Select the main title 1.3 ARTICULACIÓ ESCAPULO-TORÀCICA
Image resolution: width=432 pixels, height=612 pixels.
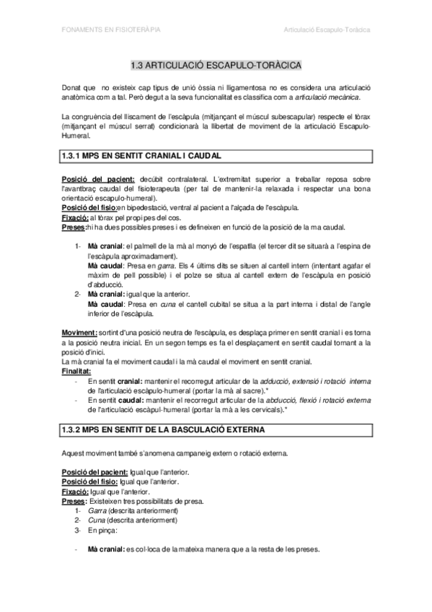(216, 64)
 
